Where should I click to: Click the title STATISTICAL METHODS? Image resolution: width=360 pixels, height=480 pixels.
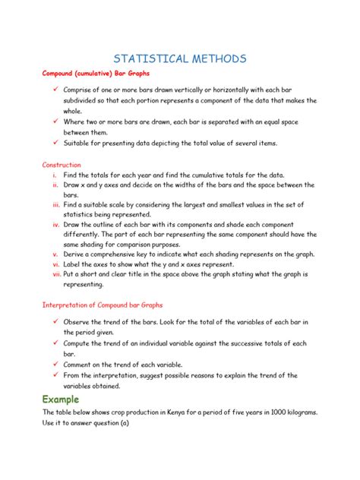pyautogui.click(x=179, y=59)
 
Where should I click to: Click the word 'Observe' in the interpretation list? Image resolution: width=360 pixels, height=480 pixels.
pyautogui.click(x=77, y=322)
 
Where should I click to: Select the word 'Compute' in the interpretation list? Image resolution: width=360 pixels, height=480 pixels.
pyautogui.click(x=79, y=343)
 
